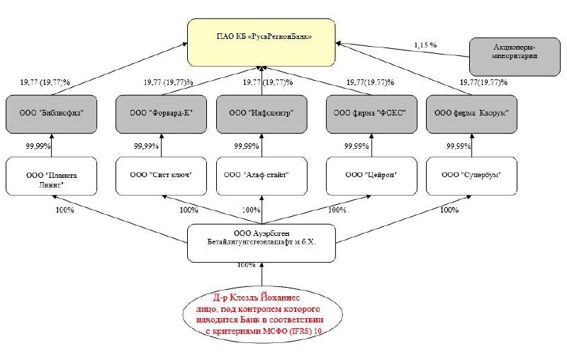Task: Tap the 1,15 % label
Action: (x=425, y=46)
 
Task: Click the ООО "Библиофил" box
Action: (x=52, y=113)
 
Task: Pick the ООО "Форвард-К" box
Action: (x=160, y=113)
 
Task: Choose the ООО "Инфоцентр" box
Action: (x=262, y=113)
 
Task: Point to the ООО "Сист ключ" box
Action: (x=160, y=175)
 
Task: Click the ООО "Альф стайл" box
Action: (x=262, y=175)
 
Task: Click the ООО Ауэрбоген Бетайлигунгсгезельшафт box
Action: (x=262, y=242)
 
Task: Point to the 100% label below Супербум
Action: (x=449, y=210)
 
